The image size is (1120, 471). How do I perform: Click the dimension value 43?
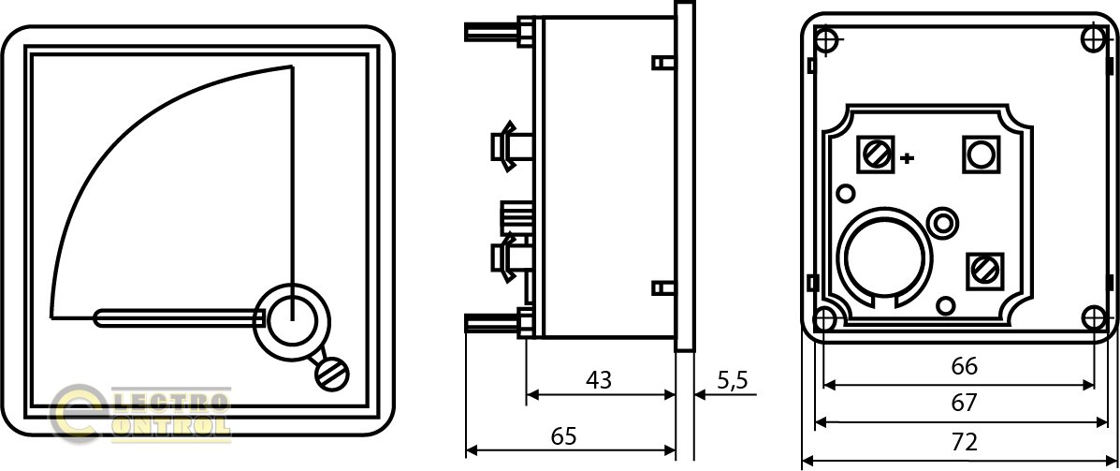point(599,379)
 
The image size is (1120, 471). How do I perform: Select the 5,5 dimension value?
point(731,379)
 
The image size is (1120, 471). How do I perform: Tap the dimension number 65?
point(563,436)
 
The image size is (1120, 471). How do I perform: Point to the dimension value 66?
point(965,367)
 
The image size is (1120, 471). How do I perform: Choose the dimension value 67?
point(965,404)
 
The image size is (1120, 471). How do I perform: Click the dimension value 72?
point(965,443)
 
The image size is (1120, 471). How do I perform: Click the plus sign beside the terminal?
point(907,158)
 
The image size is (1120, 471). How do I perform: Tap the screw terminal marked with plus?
point(874,153)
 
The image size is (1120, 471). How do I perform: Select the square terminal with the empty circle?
point(982,154)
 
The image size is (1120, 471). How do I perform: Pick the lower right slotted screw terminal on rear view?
point(985,271)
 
